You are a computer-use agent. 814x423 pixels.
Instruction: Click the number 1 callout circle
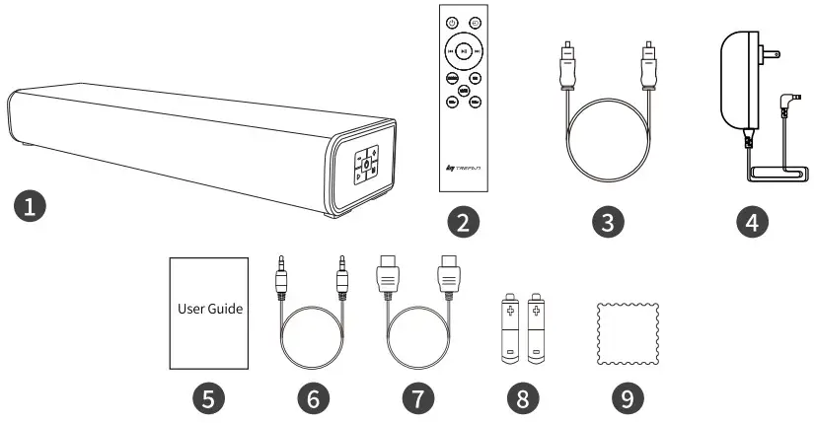pyautogui.click(x=31, y=208)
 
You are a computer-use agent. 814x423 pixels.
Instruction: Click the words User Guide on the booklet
pyautogui.click(x=210, y=308)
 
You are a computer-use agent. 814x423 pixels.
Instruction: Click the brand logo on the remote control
pyautogui.click(x=464, y=171)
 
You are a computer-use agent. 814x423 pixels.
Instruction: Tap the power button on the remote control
pyautogui.click(x=452, y=23)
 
